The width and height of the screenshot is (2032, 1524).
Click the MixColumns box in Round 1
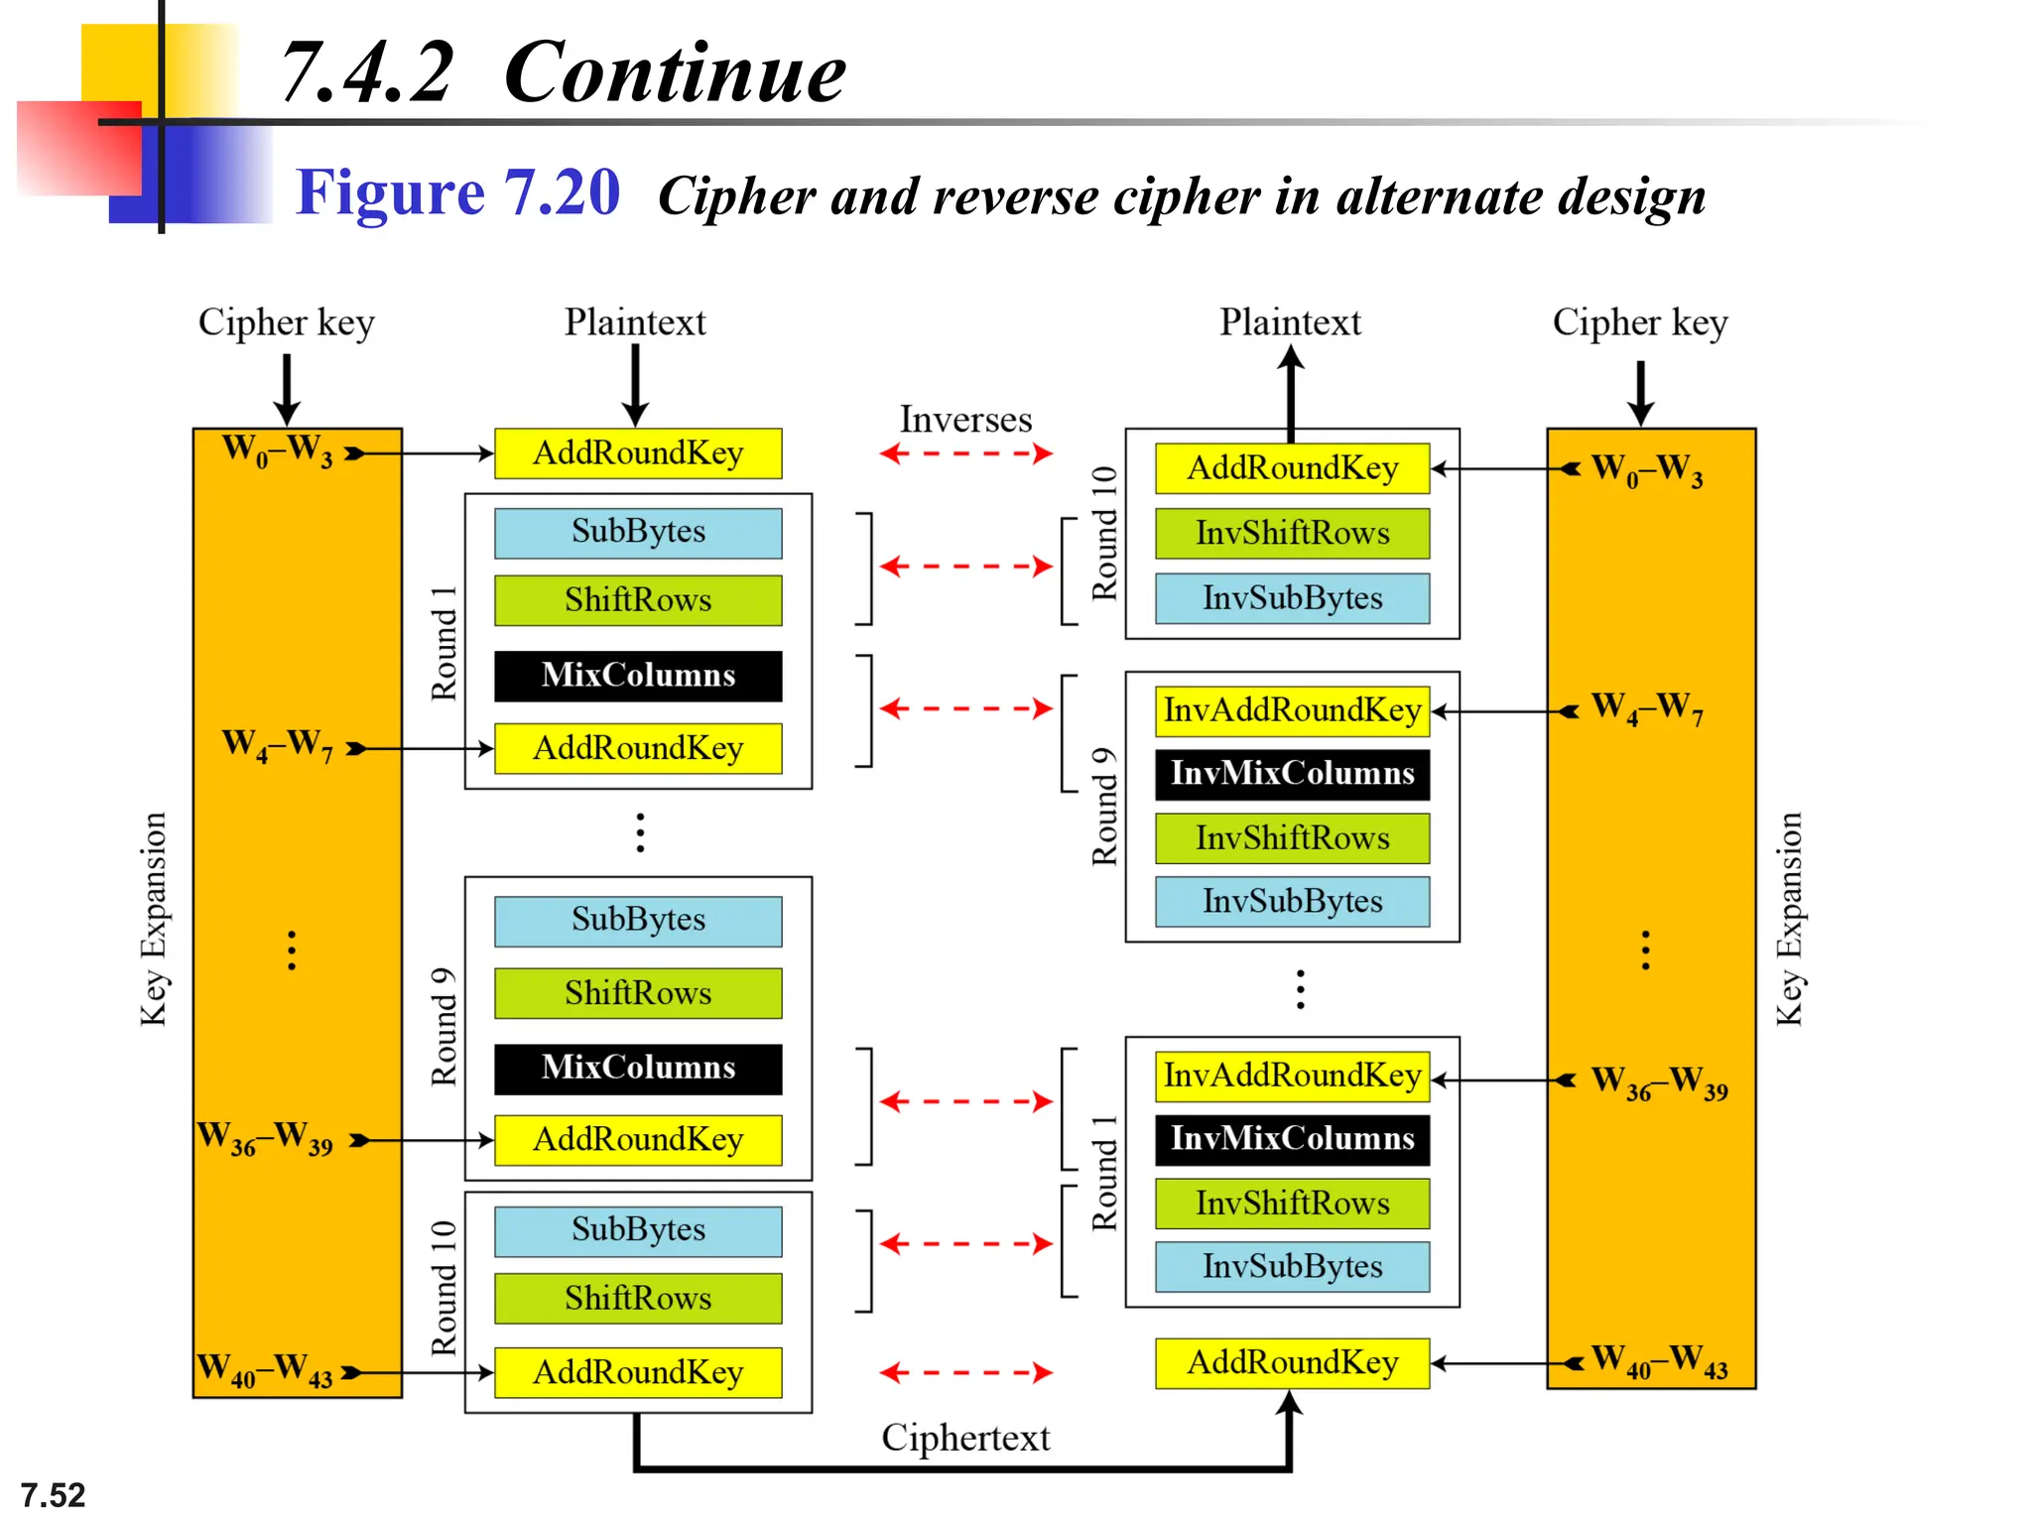tap(638, 676)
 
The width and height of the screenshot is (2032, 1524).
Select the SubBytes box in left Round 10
tap(638, 1230)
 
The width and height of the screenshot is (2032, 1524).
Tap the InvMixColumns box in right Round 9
tap(1292, 774)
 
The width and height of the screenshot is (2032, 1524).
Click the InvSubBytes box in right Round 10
tap(1292, 598)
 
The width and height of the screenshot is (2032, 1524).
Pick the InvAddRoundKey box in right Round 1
tap(1292, 1076)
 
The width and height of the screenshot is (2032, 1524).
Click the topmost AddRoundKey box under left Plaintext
tap(638, 453)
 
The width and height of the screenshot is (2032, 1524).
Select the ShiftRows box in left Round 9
tap(638, 993)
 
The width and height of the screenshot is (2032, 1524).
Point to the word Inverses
tap(965, 420)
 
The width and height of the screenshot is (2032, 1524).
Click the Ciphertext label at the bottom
tap(965, 1438)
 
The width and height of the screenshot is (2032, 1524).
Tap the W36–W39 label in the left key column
tap(265, 1138)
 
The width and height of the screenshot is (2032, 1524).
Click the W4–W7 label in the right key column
tap(1647, 708)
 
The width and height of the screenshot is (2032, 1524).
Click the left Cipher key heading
tap(286, 322)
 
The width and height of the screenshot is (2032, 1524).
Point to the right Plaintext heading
tap(1290, 322)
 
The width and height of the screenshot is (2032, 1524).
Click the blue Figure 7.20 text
tap(457, 192)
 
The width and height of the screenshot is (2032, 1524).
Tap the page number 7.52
tap(53, 1495)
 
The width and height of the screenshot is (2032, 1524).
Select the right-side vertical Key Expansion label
tap(1788, 919)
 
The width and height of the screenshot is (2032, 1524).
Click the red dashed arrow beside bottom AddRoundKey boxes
tap(965, 1373)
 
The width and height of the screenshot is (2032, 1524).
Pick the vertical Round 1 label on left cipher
tap(444, 643)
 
